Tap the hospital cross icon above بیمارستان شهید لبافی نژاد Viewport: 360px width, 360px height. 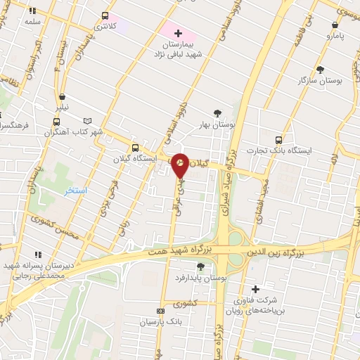[177, 33]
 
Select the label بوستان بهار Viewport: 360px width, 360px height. [218, 124]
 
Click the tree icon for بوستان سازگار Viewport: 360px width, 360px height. [320, 70]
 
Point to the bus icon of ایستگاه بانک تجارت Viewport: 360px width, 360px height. [279, 139]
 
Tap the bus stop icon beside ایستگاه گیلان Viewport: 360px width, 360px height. [136, 148]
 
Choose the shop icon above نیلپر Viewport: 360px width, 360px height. [63, 97]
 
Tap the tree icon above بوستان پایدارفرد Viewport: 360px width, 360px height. [201, 266]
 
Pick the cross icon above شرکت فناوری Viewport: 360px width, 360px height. [255, 289]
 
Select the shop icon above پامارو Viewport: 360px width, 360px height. [335, 24]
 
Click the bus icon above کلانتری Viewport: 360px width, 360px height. [105, 15]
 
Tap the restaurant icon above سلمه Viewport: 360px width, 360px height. [33, 11]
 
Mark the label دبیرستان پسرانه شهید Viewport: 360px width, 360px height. [34, 265]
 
